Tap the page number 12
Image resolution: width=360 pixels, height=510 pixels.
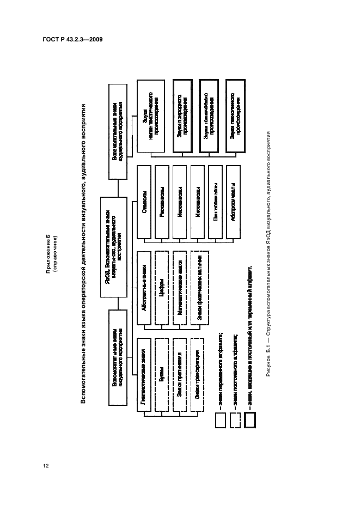(46, 465)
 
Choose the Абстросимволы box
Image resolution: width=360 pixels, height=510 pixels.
(234, 208)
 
